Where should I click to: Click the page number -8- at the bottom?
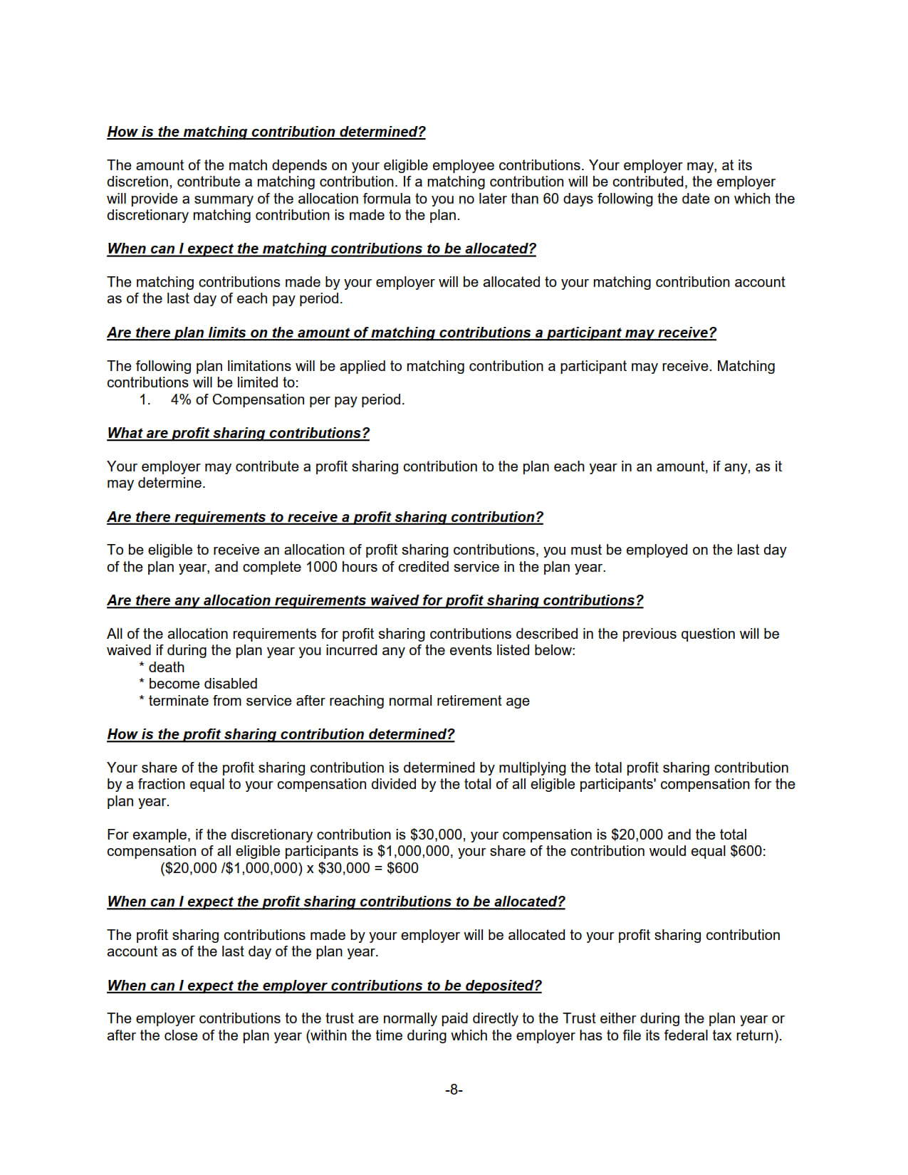point(454,1090)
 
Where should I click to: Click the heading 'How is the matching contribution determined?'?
point(266,132)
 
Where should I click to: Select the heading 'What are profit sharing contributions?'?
point(238,433)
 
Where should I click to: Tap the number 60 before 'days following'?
point(550,199)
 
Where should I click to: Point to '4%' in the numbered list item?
point(181,399)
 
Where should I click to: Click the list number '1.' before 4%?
point(145,399)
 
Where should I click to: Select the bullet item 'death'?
point(166,667)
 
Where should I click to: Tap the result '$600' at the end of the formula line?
point(402,868)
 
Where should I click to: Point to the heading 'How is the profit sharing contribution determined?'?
point(281,734)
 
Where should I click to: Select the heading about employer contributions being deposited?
point(324,986)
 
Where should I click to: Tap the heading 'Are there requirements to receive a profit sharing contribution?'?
point(325,517)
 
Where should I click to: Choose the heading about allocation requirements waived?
point(375,600)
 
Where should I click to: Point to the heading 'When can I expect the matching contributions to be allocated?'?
point(321,249)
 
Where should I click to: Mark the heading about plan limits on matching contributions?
point(412,333)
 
